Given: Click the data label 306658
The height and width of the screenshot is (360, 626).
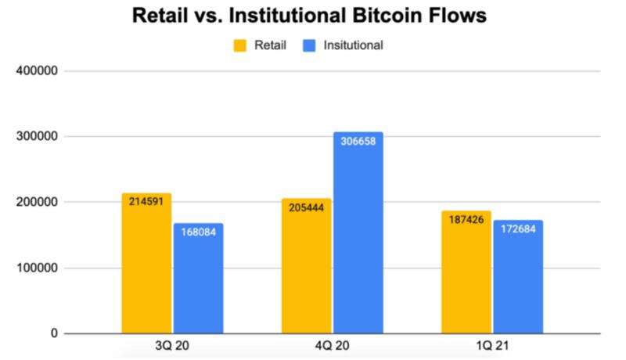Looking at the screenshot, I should tap(358, 142).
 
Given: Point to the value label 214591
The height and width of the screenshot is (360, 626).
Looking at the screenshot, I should tap(146, 201).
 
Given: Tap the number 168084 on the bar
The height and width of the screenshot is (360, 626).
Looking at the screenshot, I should tap(198, 232).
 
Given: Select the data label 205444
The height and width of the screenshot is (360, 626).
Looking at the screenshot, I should tap(307, 208).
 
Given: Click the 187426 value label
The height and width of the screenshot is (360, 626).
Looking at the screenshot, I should tap(466, 220).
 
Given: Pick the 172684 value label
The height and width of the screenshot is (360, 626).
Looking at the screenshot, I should tap(518, 229).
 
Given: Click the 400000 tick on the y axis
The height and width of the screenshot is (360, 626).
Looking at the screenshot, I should tap(37, 71).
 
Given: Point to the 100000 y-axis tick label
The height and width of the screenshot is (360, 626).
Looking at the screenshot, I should tap(37, 268).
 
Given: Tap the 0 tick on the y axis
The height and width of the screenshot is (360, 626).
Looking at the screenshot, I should tap(54, 334).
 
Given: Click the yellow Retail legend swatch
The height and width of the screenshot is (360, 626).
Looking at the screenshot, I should tap(240, 45).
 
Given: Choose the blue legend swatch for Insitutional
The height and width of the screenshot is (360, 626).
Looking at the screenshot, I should tap(309, 45).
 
